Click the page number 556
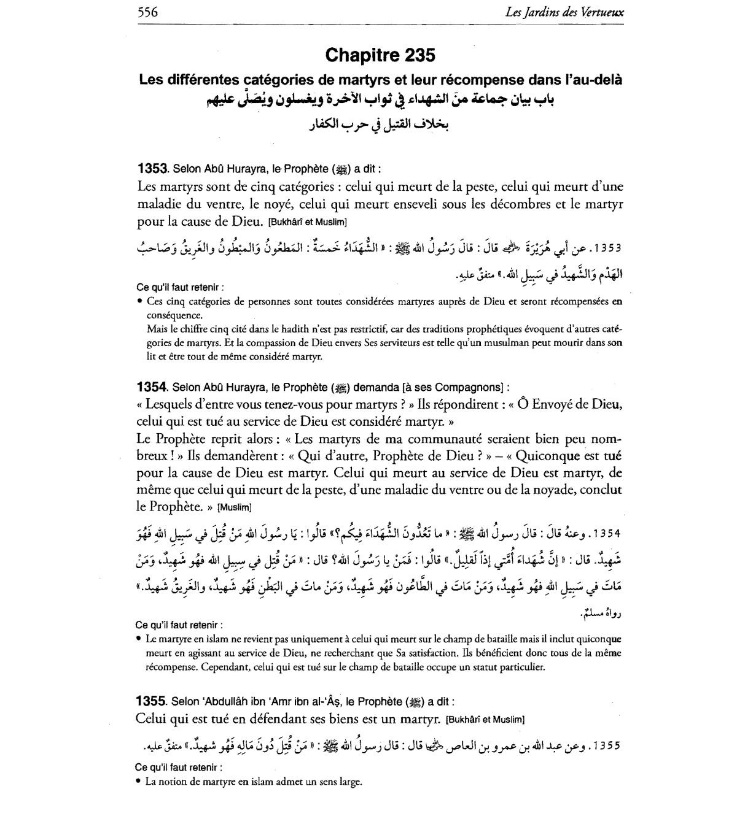(147, 12)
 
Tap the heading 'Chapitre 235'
(380, 55)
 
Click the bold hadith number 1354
(152, 387)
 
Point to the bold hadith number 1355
(150, 701)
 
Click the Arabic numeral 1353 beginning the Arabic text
(605, 248)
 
